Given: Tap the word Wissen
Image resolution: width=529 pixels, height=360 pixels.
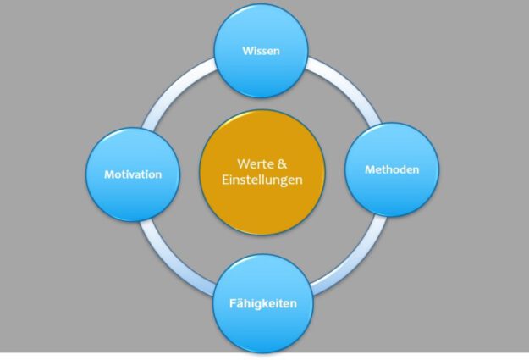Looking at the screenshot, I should click(x=262, y=51).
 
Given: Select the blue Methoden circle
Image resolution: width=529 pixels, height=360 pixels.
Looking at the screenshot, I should click(x=391, y=170).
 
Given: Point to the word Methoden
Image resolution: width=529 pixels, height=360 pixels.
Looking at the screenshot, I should click(x=391, y=170).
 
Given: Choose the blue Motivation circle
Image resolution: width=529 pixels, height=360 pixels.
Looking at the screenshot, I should click(x=133, y=174).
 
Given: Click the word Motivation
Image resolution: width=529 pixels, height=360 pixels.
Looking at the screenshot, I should click(x=133, y=174).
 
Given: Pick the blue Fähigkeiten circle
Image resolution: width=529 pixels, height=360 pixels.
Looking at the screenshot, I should click(x=263, y=302).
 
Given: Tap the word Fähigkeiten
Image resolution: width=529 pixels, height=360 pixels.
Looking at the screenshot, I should click(x=263, y=302).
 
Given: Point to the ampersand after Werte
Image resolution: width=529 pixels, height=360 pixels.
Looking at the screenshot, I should click(x=284, y=162).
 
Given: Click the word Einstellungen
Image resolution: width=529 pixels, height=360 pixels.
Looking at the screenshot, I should click(x=262, y=180).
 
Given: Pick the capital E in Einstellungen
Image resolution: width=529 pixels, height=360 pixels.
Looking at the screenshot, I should click(x=228, y=180).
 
